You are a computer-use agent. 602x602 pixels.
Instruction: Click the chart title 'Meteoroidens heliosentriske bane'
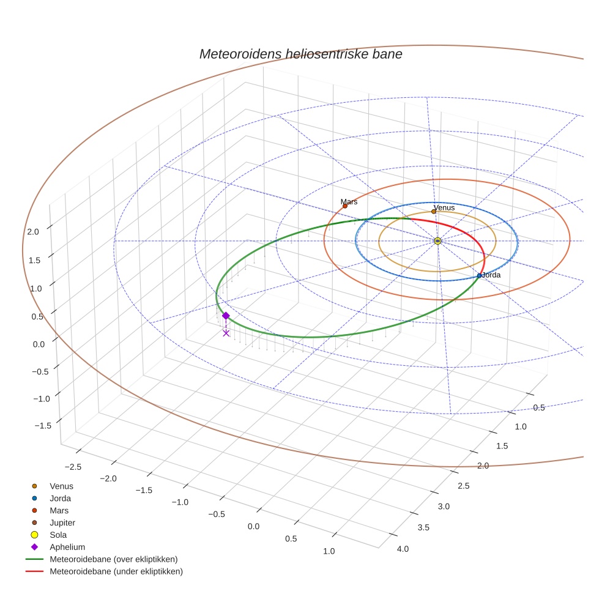[x=300, y=54]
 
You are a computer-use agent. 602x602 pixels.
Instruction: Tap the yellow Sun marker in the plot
[x=437, y=241]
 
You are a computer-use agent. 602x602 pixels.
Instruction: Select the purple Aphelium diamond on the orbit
[x=226, y=316]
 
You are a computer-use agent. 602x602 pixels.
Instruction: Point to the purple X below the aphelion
[x=226, y=333]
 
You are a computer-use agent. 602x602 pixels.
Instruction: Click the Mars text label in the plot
[x=349, y=201]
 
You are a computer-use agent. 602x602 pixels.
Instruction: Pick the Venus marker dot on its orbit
[x=434, y=212]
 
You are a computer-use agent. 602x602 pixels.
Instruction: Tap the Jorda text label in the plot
[x=491, y=275]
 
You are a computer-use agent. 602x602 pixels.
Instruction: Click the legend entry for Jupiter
[x=62, y=522]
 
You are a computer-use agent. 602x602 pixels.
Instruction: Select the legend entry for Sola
[x=58, y=535]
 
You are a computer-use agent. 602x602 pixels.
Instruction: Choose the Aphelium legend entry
[x=67, y=547]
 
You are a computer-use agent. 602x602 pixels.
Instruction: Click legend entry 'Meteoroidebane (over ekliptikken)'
[x=113, y=559]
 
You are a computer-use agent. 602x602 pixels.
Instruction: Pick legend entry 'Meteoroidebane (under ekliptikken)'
[x=116, y=571]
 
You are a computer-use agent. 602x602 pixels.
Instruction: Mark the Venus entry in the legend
[x=61, y=486]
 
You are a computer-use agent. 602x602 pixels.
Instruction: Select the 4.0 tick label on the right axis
[x=403, y=549]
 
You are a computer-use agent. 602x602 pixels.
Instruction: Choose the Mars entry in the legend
[x=59, y=510]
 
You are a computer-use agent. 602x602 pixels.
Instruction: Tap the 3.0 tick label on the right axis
[x=444, y=507]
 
